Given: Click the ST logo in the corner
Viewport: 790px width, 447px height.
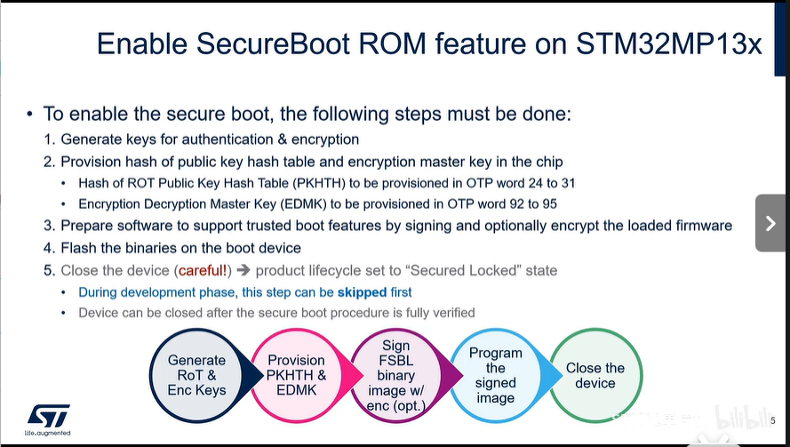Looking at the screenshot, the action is tap(48, 419).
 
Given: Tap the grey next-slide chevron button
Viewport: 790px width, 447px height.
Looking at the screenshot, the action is tap(770, 223).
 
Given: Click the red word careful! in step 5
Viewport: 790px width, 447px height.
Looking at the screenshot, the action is tap(203, 271).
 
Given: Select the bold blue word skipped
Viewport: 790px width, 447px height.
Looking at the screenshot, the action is tap(362, 292).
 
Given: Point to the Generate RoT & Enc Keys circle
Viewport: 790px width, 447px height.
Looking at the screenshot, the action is tap(196, 375).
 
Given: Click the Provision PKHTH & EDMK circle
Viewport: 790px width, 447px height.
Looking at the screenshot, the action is tap(296, 375).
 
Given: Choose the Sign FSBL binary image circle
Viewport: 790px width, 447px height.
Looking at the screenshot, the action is tap(396, 375).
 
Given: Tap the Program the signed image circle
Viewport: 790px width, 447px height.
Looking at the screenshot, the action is tap(496, 375).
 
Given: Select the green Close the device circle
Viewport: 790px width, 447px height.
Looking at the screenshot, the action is tap(595, 375).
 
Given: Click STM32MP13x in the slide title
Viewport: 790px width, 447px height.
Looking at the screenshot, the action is tap(668, 44).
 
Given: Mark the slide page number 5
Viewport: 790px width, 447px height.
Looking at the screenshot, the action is tap(773, 421).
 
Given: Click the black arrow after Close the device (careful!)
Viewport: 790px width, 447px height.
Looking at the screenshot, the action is tap(243, 271).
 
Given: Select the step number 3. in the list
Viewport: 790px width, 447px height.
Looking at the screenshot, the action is tap(50, 226).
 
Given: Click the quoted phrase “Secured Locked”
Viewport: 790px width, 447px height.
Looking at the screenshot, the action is tap(463, 271).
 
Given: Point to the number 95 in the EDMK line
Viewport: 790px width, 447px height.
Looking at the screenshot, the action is tap(550, 204).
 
